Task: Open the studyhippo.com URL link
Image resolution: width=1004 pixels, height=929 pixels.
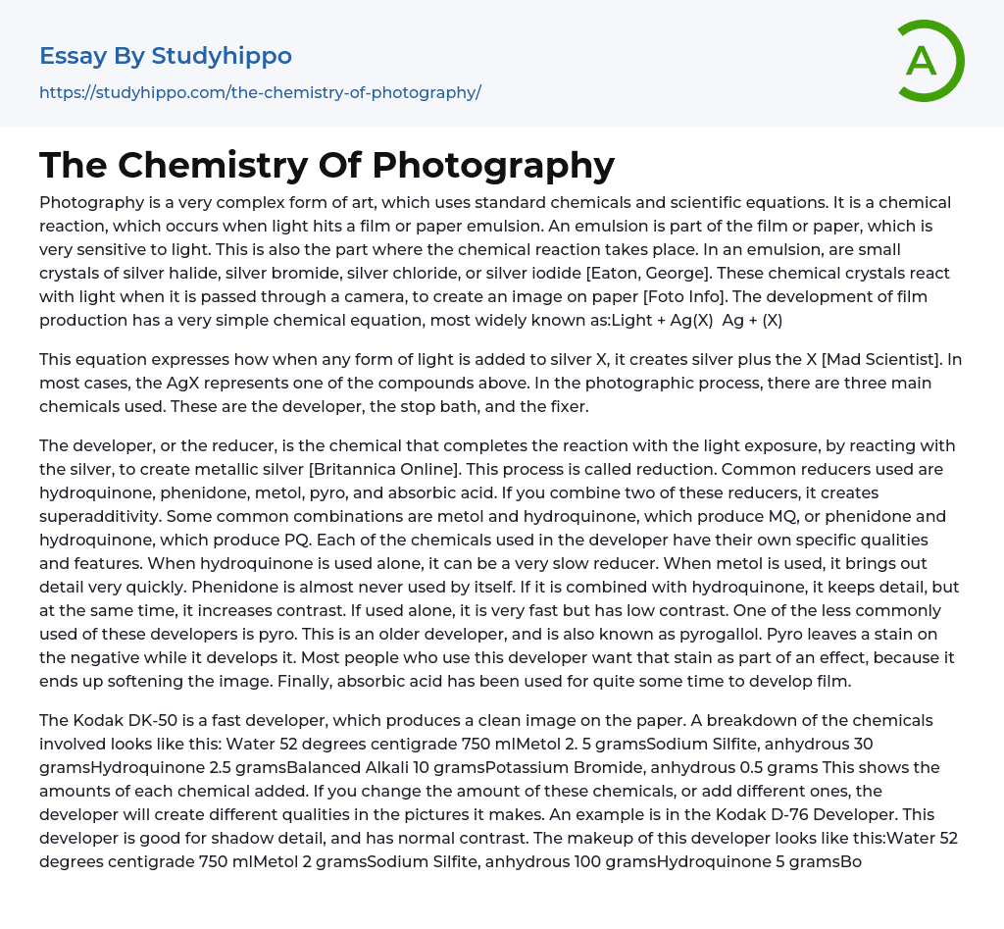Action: (260, 92)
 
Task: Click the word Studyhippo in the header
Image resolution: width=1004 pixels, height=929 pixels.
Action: (222, 56)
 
